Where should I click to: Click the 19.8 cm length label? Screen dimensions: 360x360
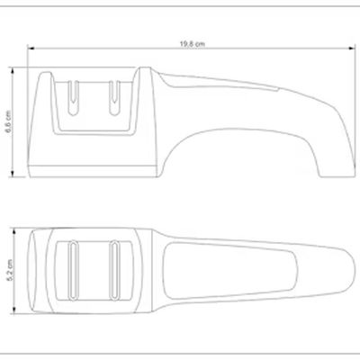193,44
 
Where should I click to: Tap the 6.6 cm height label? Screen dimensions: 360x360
8,122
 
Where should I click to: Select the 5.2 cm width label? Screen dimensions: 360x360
10,270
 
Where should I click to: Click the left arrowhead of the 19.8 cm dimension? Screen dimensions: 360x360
31,48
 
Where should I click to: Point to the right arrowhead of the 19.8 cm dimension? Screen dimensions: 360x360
352,48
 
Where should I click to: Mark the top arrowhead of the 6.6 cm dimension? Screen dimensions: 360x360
13,71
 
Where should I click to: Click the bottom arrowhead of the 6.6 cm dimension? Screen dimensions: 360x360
13,174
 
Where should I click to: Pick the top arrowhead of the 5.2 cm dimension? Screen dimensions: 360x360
13,231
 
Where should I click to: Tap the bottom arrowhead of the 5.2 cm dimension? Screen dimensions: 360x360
13,310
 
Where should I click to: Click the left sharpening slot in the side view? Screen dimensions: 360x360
73,98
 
